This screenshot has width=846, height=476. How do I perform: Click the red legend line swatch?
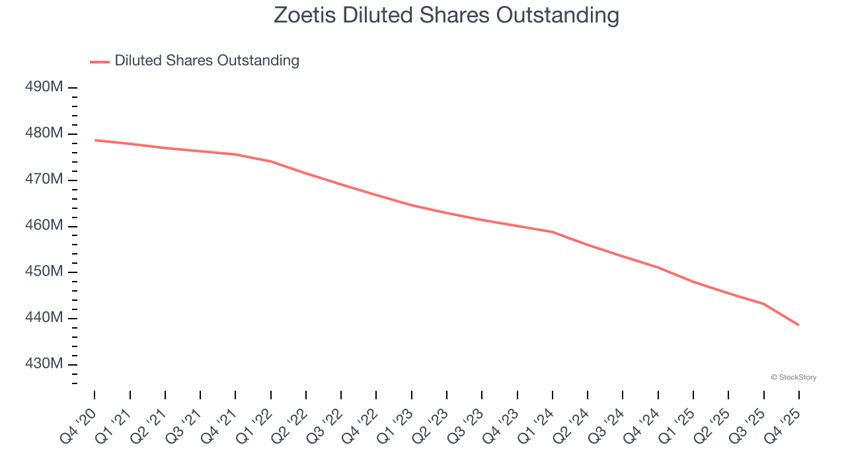coord(100,61)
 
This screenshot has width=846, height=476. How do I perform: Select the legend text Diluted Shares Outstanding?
coord(207,61)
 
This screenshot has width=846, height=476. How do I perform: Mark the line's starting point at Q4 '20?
coord(95,140)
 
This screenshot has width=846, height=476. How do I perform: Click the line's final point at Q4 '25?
coord(798,325)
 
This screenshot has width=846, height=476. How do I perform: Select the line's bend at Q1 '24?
coord(553,232)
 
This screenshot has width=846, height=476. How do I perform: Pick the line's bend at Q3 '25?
coord(763,304)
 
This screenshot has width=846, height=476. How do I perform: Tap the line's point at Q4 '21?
coord(235,155)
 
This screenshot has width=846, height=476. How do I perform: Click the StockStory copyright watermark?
coord(793,377)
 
